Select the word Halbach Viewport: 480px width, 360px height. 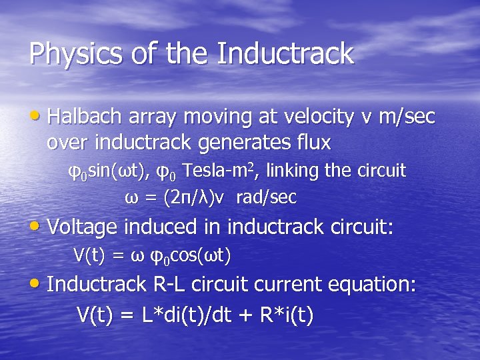84,117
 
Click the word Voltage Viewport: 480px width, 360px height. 82,227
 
